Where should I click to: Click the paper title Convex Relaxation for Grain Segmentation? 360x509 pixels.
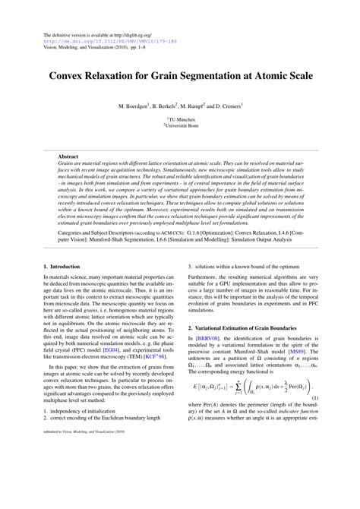point(179,76)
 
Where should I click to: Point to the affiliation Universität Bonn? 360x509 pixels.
point(181,126)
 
